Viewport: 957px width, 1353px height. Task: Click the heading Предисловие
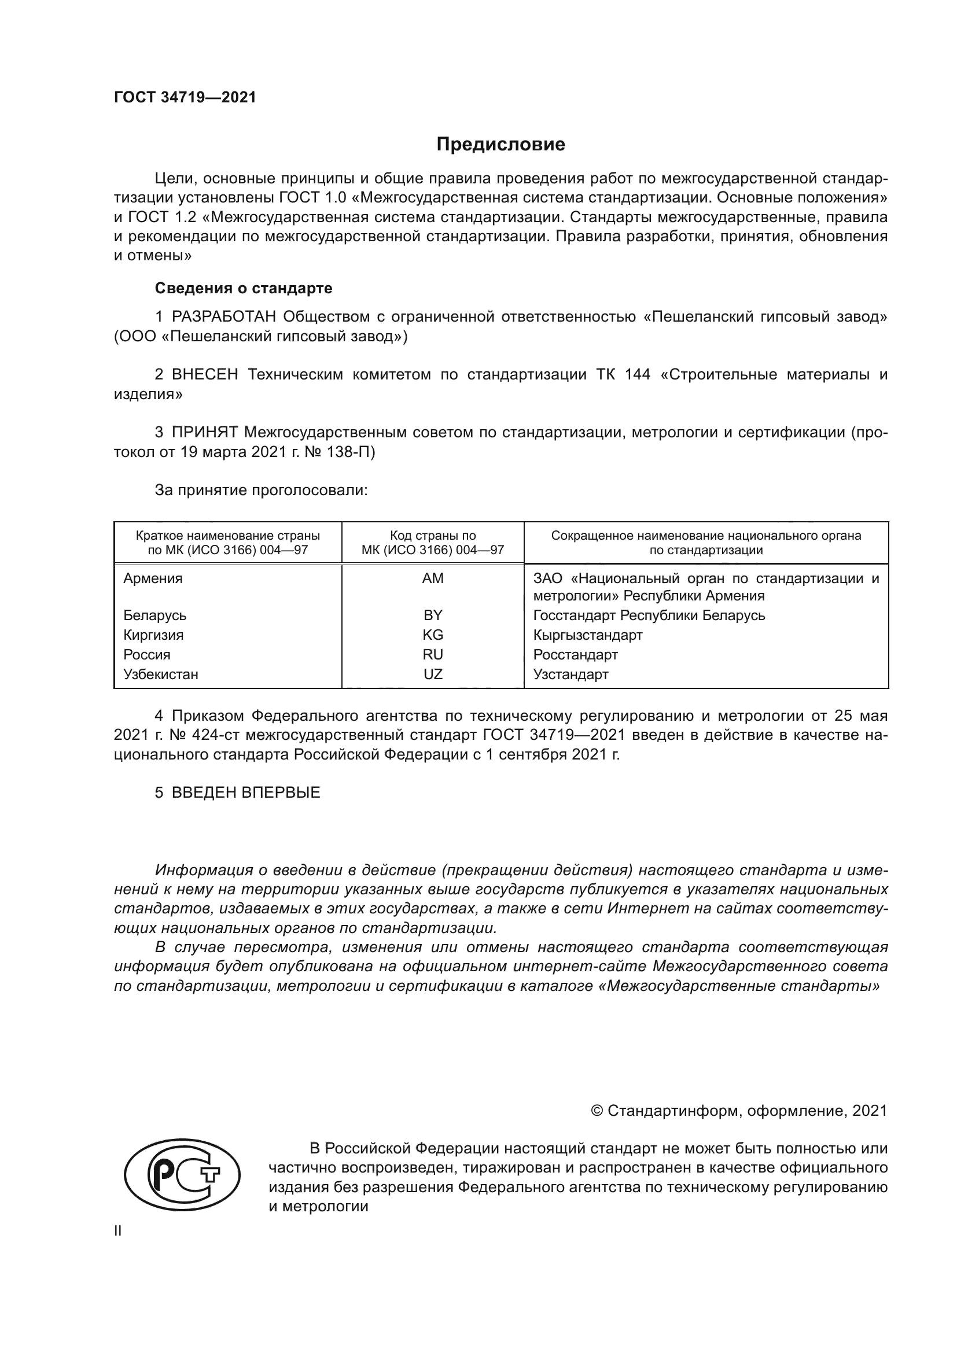click(500, 145)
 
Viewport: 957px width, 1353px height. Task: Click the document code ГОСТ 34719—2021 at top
click(185, 98)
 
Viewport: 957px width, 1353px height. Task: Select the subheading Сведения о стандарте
click(244, 288)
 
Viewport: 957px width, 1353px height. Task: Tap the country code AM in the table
click(433, 578)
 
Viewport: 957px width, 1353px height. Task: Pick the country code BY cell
click(433, 615)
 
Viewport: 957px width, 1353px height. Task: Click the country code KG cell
click(433, 635)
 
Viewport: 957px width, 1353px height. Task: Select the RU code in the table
click(433, 655)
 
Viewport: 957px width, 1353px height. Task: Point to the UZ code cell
click(433, 674)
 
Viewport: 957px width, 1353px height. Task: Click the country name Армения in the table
click(153, 578)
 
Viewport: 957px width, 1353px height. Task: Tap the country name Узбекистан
click(160, 674)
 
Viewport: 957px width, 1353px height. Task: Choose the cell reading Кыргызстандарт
click(587, 635)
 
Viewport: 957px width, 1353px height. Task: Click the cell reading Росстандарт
click(575, 655)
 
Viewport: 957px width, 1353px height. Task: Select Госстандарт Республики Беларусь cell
click(648, 615)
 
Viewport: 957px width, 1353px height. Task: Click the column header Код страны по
click(433, 536)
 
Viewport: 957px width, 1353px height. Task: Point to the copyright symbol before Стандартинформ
click(597, 1111)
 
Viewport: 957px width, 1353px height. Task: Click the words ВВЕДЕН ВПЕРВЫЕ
click(246, 792)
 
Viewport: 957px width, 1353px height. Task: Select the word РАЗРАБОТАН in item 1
click(223, 317)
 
